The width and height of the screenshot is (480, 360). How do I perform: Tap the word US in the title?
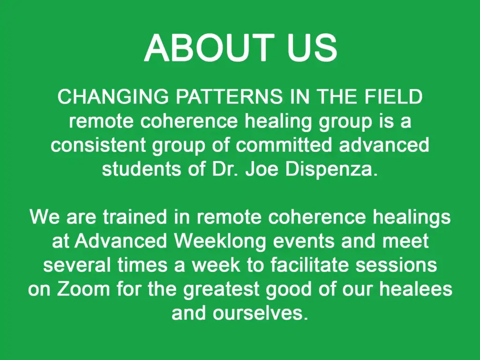pos(312,48)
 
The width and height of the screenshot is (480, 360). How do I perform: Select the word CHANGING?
pos(113,97)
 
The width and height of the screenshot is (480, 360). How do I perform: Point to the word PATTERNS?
pos(229,97)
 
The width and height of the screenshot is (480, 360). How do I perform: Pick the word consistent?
pos(98,145)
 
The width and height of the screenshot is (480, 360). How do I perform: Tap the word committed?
pos(284,145)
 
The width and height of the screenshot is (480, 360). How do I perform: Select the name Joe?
pos(262,169)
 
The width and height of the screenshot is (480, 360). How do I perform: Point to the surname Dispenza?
pos(330,169)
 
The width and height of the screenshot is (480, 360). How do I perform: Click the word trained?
pos(135,217)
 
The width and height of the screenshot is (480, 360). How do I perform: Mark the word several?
pos(77,265)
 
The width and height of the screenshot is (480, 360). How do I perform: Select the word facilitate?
pos(309,265)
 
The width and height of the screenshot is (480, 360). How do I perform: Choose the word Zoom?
pos(83,289)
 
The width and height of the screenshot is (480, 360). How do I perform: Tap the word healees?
pos(416,289)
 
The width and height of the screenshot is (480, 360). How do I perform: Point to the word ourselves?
pos(261,313)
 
